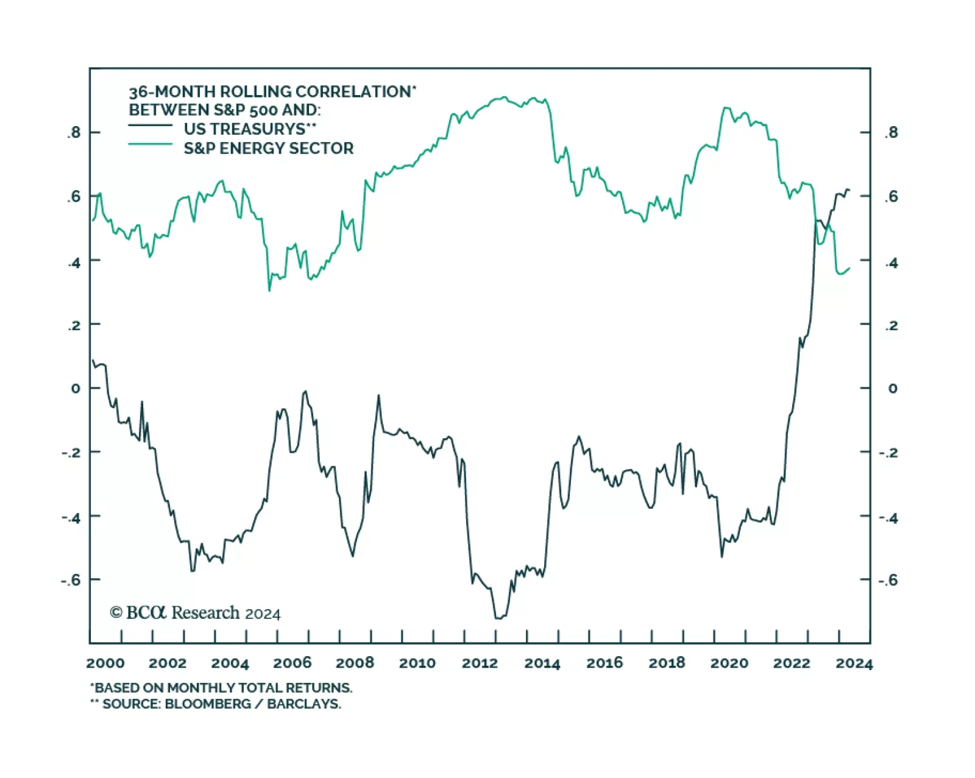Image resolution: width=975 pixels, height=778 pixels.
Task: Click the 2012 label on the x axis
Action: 480,663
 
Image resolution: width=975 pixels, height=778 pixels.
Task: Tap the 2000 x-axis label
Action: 105,663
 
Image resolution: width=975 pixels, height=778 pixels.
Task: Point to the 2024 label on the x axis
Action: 854,663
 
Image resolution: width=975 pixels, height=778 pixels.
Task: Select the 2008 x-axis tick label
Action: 355,663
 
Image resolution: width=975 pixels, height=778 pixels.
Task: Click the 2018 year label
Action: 667,663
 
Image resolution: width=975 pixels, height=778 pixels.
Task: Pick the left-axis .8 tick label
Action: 74,132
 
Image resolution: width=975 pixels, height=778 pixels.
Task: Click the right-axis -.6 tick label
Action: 889,579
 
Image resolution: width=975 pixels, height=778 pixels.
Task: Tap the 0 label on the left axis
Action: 76,388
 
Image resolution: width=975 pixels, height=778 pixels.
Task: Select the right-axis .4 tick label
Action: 891,263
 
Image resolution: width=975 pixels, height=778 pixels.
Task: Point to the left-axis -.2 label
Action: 71,452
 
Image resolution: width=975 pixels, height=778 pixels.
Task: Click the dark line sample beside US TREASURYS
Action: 150,126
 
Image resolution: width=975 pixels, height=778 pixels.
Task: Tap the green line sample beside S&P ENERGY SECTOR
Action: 150,144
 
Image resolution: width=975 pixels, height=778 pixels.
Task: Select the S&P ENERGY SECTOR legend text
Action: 268,148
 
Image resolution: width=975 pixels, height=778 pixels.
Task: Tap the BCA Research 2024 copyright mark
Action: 195,613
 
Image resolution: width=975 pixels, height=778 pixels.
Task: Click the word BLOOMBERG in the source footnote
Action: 208,704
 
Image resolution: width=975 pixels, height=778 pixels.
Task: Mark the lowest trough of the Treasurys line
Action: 498,618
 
